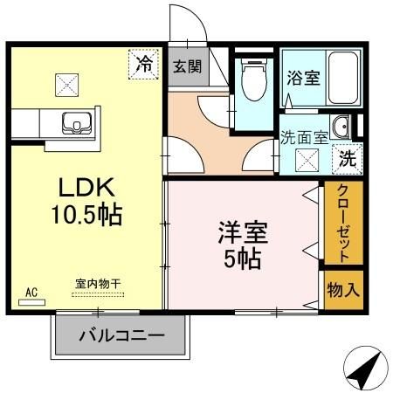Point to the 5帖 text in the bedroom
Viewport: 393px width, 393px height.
coord(242,259)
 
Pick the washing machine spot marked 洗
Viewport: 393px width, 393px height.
coord(347,161)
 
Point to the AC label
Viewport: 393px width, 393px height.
coord(32,292)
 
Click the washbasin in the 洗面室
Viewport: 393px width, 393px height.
coord(341,128)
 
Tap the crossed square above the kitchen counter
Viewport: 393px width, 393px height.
coord(67,85)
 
